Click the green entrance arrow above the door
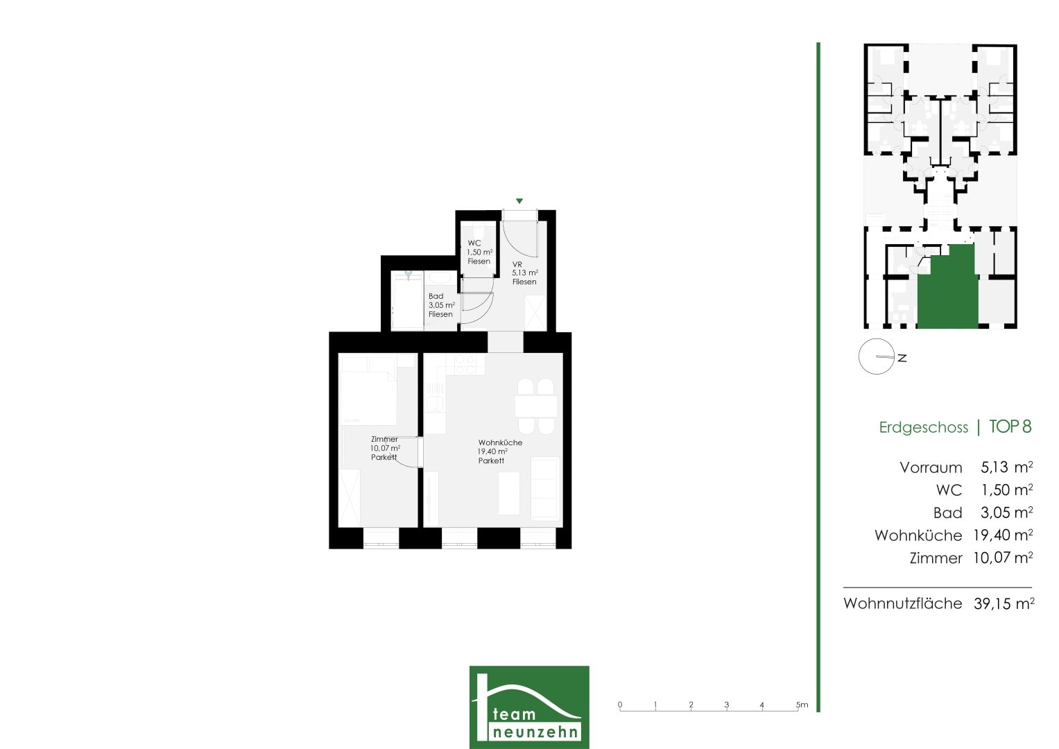pyautogui.click(x=519, y=201)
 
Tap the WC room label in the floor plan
pyautogui.click(x=479, y=252)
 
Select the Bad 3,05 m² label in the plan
pyautogui.click(x=442, y=305)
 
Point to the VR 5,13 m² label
pyautogui.click(x=525, y=273)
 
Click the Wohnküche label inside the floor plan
pyautogui.click(x=500, y=451)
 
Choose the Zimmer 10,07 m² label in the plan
pyautogui.click(x=386, y=448)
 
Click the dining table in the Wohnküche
pyautogui.click(x=536, y=406)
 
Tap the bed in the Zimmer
pyautogui.click(x=368, y=391)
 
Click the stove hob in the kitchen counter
pyautogui.click(x=465, y=364)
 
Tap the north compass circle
pyautogui.click(x=876, y=356)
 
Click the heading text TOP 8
pyautogui.click(x=1010, y=427)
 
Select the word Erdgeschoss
pyautogui.click(x=923, y=427)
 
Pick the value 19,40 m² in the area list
pyautogui.click(x=1003, y=535)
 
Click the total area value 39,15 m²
pyautogui.click(x=1004, y=603)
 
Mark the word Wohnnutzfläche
pyautogui.click(x=902, y=603)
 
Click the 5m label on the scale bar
pyautogui.click(x=802, y=705)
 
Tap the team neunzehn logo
pyautogui.click(x=529, y=707)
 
